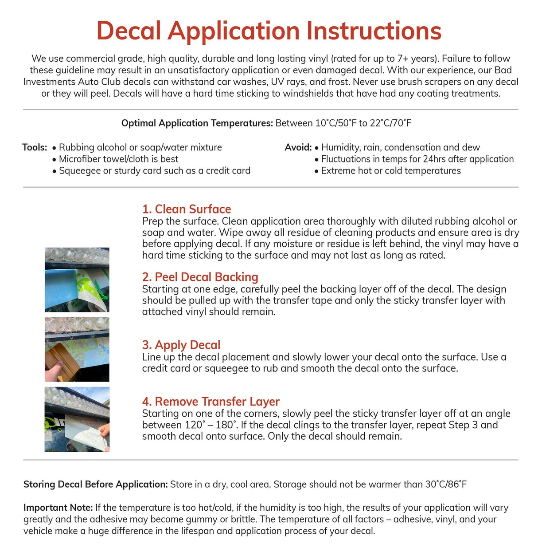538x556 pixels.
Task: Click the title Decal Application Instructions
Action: coord(269,31)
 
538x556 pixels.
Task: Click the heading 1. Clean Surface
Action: coord(187,209)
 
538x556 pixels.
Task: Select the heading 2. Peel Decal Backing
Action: coord(200,277)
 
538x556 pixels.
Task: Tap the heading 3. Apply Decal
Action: coord(181,345)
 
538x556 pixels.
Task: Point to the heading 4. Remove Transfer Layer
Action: coord(211,402)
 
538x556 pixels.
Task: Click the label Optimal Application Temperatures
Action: coord(197,123)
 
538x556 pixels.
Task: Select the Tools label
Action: coord(35,147)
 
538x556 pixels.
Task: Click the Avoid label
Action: coord(298,147)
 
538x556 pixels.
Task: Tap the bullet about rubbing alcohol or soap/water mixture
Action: coord(140,147)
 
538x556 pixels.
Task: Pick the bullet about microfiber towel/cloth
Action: coord(118,159)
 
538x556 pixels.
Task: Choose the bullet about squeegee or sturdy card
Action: coord(154,170)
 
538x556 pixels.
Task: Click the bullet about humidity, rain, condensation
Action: coord(400,147)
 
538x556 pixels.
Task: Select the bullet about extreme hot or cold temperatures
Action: coord(391,170)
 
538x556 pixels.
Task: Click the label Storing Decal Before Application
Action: coord(95,484)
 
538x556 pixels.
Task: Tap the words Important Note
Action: coord(58,508)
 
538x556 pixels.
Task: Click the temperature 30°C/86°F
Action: coord(446,484)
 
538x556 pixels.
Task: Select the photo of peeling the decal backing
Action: coord(77,280)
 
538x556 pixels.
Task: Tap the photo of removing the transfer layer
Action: coord(77,419)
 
